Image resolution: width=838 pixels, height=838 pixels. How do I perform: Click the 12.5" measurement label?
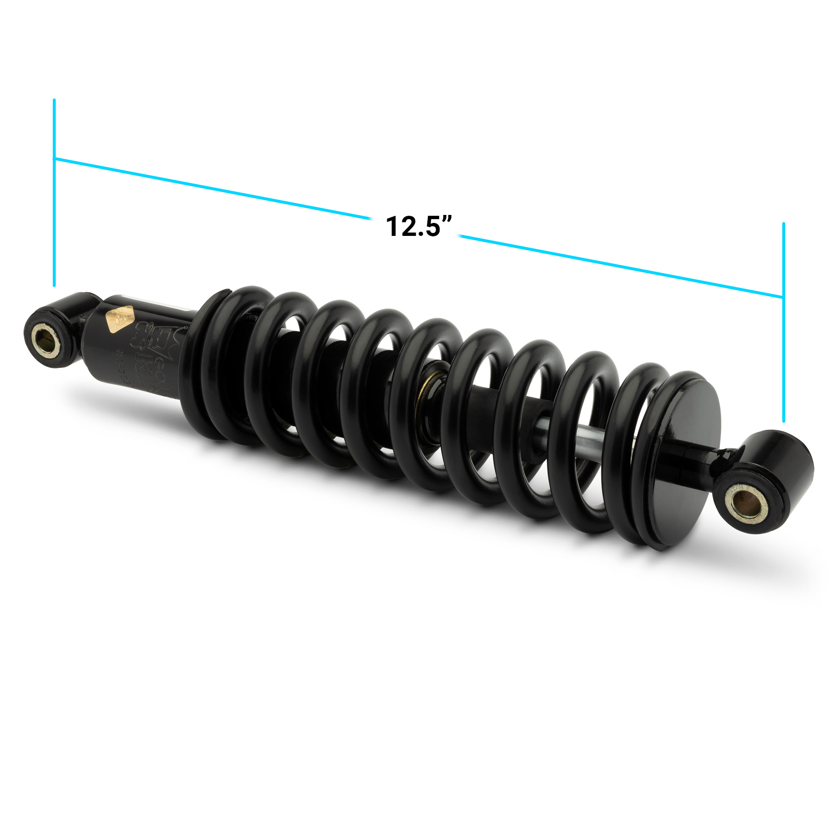(418, 226)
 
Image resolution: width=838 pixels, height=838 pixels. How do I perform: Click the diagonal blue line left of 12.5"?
(208, 187)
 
